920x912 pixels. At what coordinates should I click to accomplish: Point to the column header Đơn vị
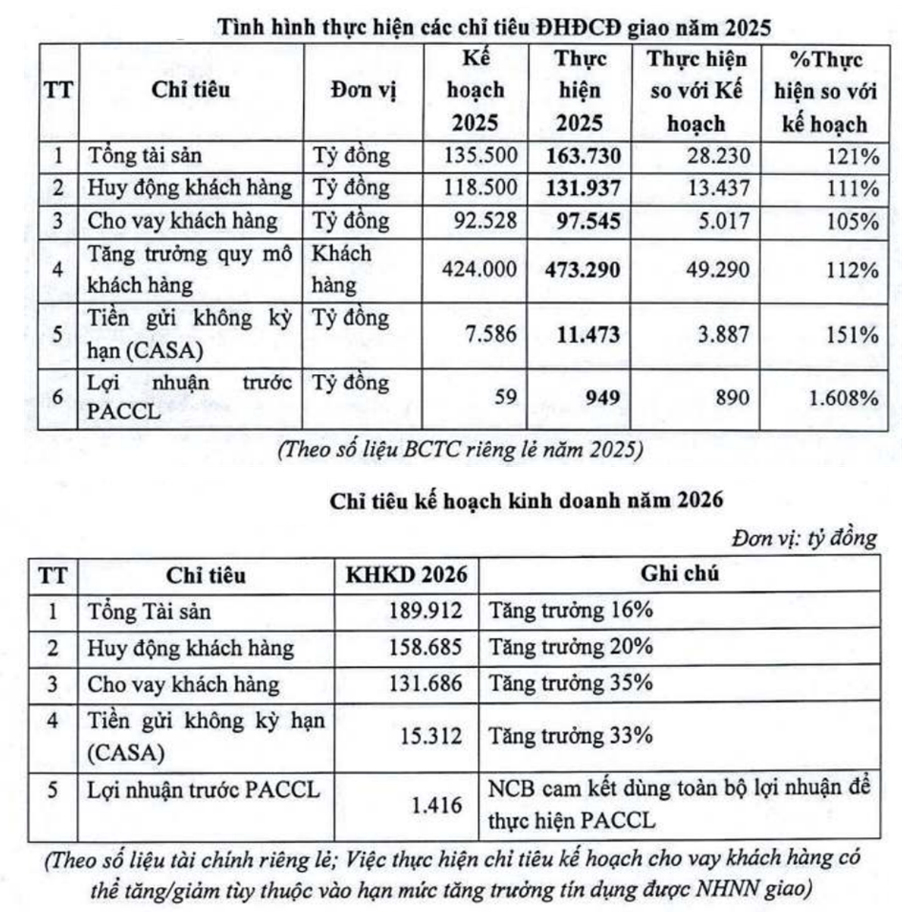click(363, 92)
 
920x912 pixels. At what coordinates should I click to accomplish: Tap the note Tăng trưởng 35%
click(571, 683)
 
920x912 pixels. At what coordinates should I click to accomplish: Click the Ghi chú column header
click(678, 574)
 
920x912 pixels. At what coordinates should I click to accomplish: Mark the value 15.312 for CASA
click(432, 736)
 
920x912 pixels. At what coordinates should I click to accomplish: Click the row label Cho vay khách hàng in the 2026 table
click(184, 683)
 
